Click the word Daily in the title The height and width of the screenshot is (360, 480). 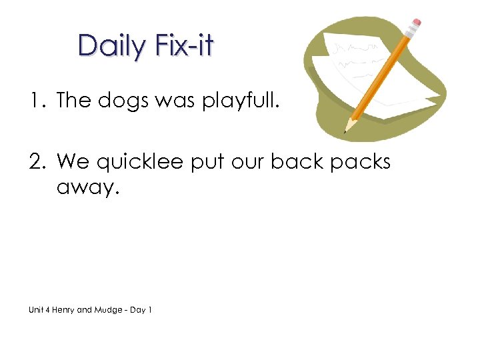(x=111, y=46)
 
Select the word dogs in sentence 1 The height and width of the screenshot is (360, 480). (x=118, y=101)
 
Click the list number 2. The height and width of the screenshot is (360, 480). (x=35, y=162)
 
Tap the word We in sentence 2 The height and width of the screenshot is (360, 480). (x=73, y=162)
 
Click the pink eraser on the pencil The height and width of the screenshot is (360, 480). (x=417, y=23)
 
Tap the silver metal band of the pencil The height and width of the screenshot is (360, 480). (x=410, y=33)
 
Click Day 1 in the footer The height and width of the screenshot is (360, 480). (x=141, y=310)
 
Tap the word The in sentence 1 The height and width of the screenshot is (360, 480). (x=73, y=101)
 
